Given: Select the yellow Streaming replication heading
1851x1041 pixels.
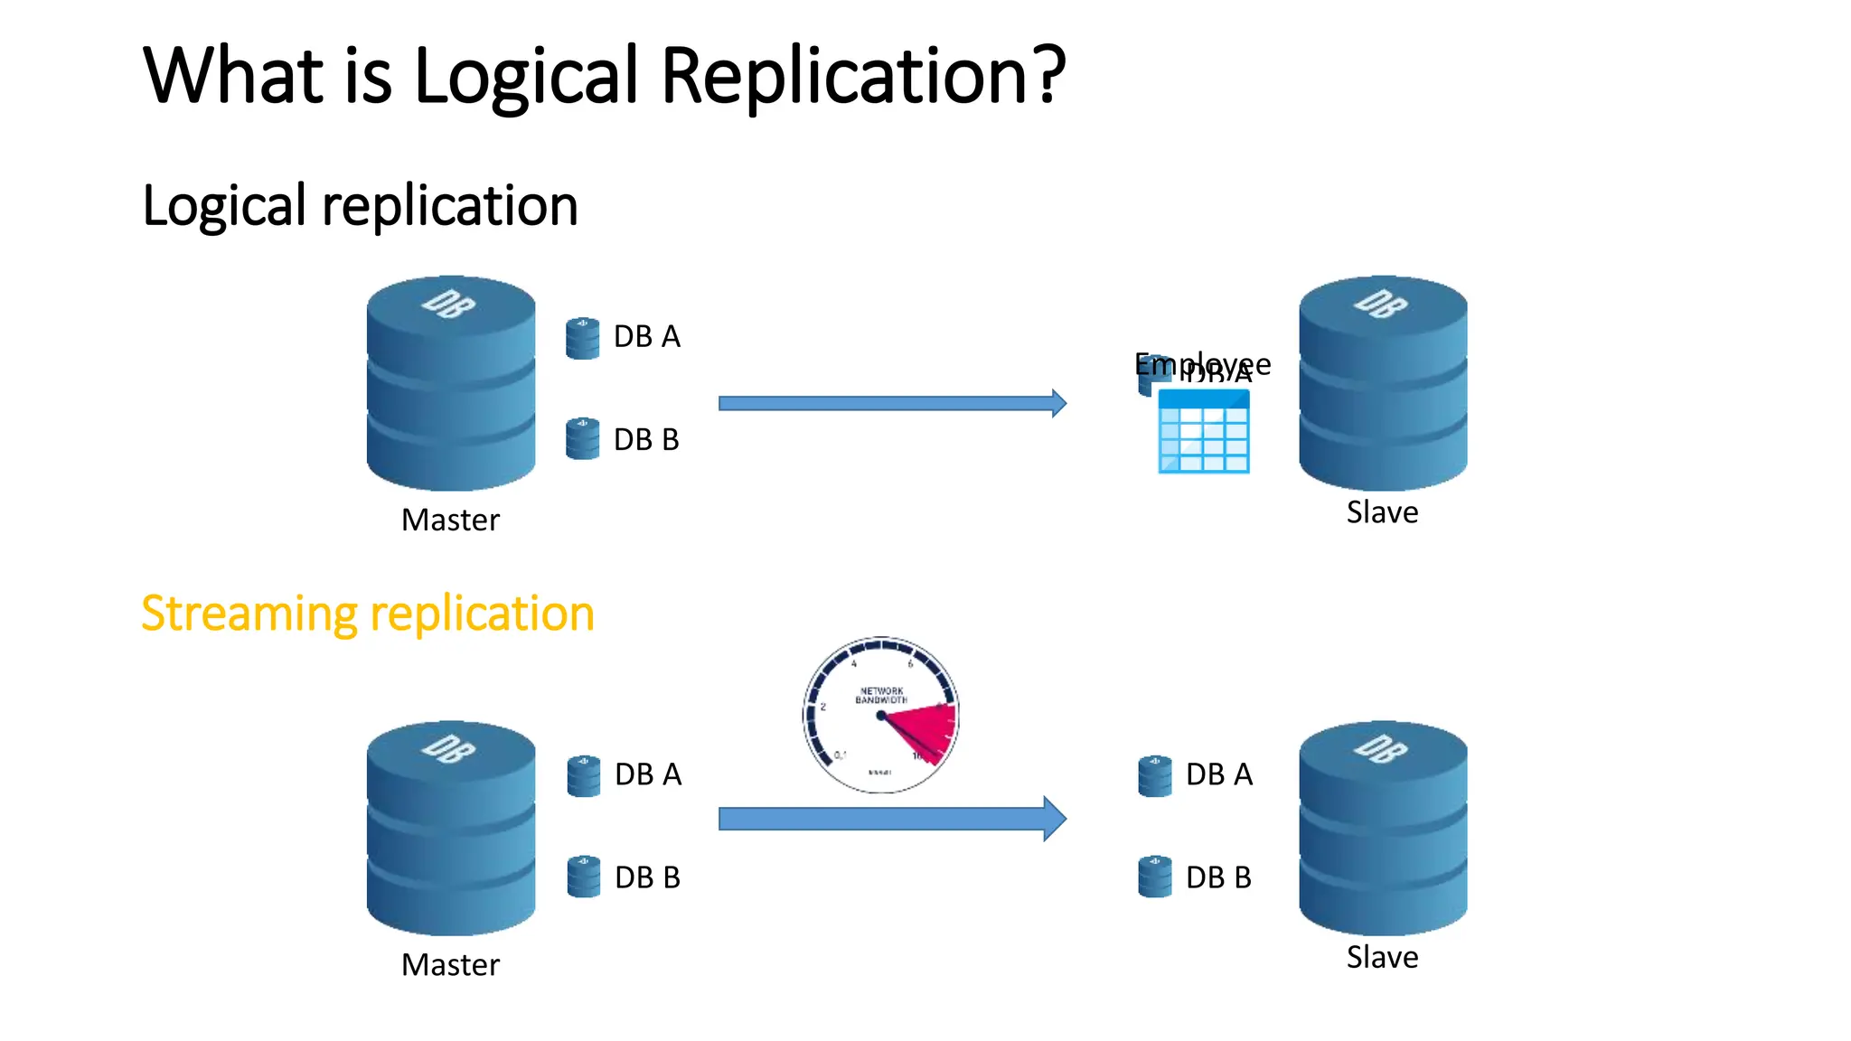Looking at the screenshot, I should pos(368,614).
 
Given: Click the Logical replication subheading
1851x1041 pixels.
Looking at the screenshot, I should pos(360,206).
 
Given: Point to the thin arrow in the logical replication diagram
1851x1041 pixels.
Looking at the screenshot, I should pos(891,403).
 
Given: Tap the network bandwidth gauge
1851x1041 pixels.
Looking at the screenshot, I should pos(880,714).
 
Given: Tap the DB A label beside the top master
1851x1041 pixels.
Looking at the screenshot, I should pos(646,337).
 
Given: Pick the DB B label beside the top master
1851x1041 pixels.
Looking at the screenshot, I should pos(646,440).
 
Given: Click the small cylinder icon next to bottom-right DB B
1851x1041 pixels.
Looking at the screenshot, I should pos(1154,877).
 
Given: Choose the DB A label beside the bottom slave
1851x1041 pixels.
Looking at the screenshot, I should pos(1218,774).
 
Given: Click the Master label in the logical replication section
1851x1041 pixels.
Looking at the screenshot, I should pos(450,520).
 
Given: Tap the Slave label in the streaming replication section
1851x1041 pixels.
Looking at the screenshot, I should pos(1382,957).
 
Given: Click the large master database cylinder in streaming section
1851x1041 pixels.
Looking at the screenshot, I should pos(451,827).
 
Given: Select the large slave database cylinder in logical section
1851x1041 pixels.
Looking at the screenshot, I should pos(1383,383).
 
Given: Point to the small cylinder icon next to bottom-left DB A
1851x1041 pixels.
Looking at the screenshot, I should pos(583,776).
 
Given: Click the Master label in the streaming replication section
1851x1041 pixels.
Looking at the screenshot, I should pos(450,965).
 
